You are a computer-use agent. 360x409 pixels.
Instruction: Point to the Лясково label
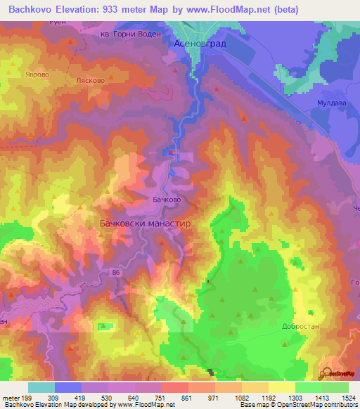click(90, 81)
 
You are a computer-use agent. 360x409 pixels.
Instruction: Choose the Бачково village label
click(167, 200)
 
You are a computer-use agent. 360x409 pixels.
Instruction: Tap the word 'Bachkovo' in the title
click(33, 10)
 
